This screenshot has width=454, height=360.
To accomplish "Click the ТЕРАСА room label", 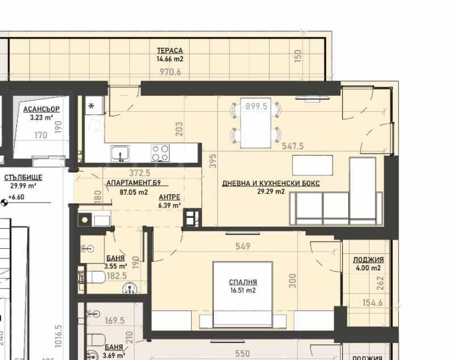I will [x=170, y=51].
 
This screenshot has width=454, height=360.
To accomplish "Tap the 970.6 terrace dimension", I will [x=170, y=72].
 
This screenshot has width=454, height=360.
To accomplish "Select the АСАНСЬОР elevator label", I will [x=41, y=109].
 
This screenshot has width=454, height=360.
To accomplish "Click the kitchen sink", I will [x=120, y=153].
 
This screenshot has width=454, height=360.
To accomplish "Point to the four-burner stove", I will [x=160, y=153].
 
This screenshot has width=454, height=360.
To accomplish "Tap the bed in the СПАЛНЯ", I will [x=242, y=294].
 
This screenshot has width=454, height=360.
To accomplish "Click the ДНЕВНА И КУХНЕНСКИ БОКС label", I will [x=271, y=184].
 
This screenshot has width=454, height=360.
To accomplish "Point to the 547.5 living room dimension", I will [x=293, y=146].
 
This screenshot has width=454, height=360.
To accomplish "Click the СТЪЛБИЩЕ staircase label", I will [x=23, y=177].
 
